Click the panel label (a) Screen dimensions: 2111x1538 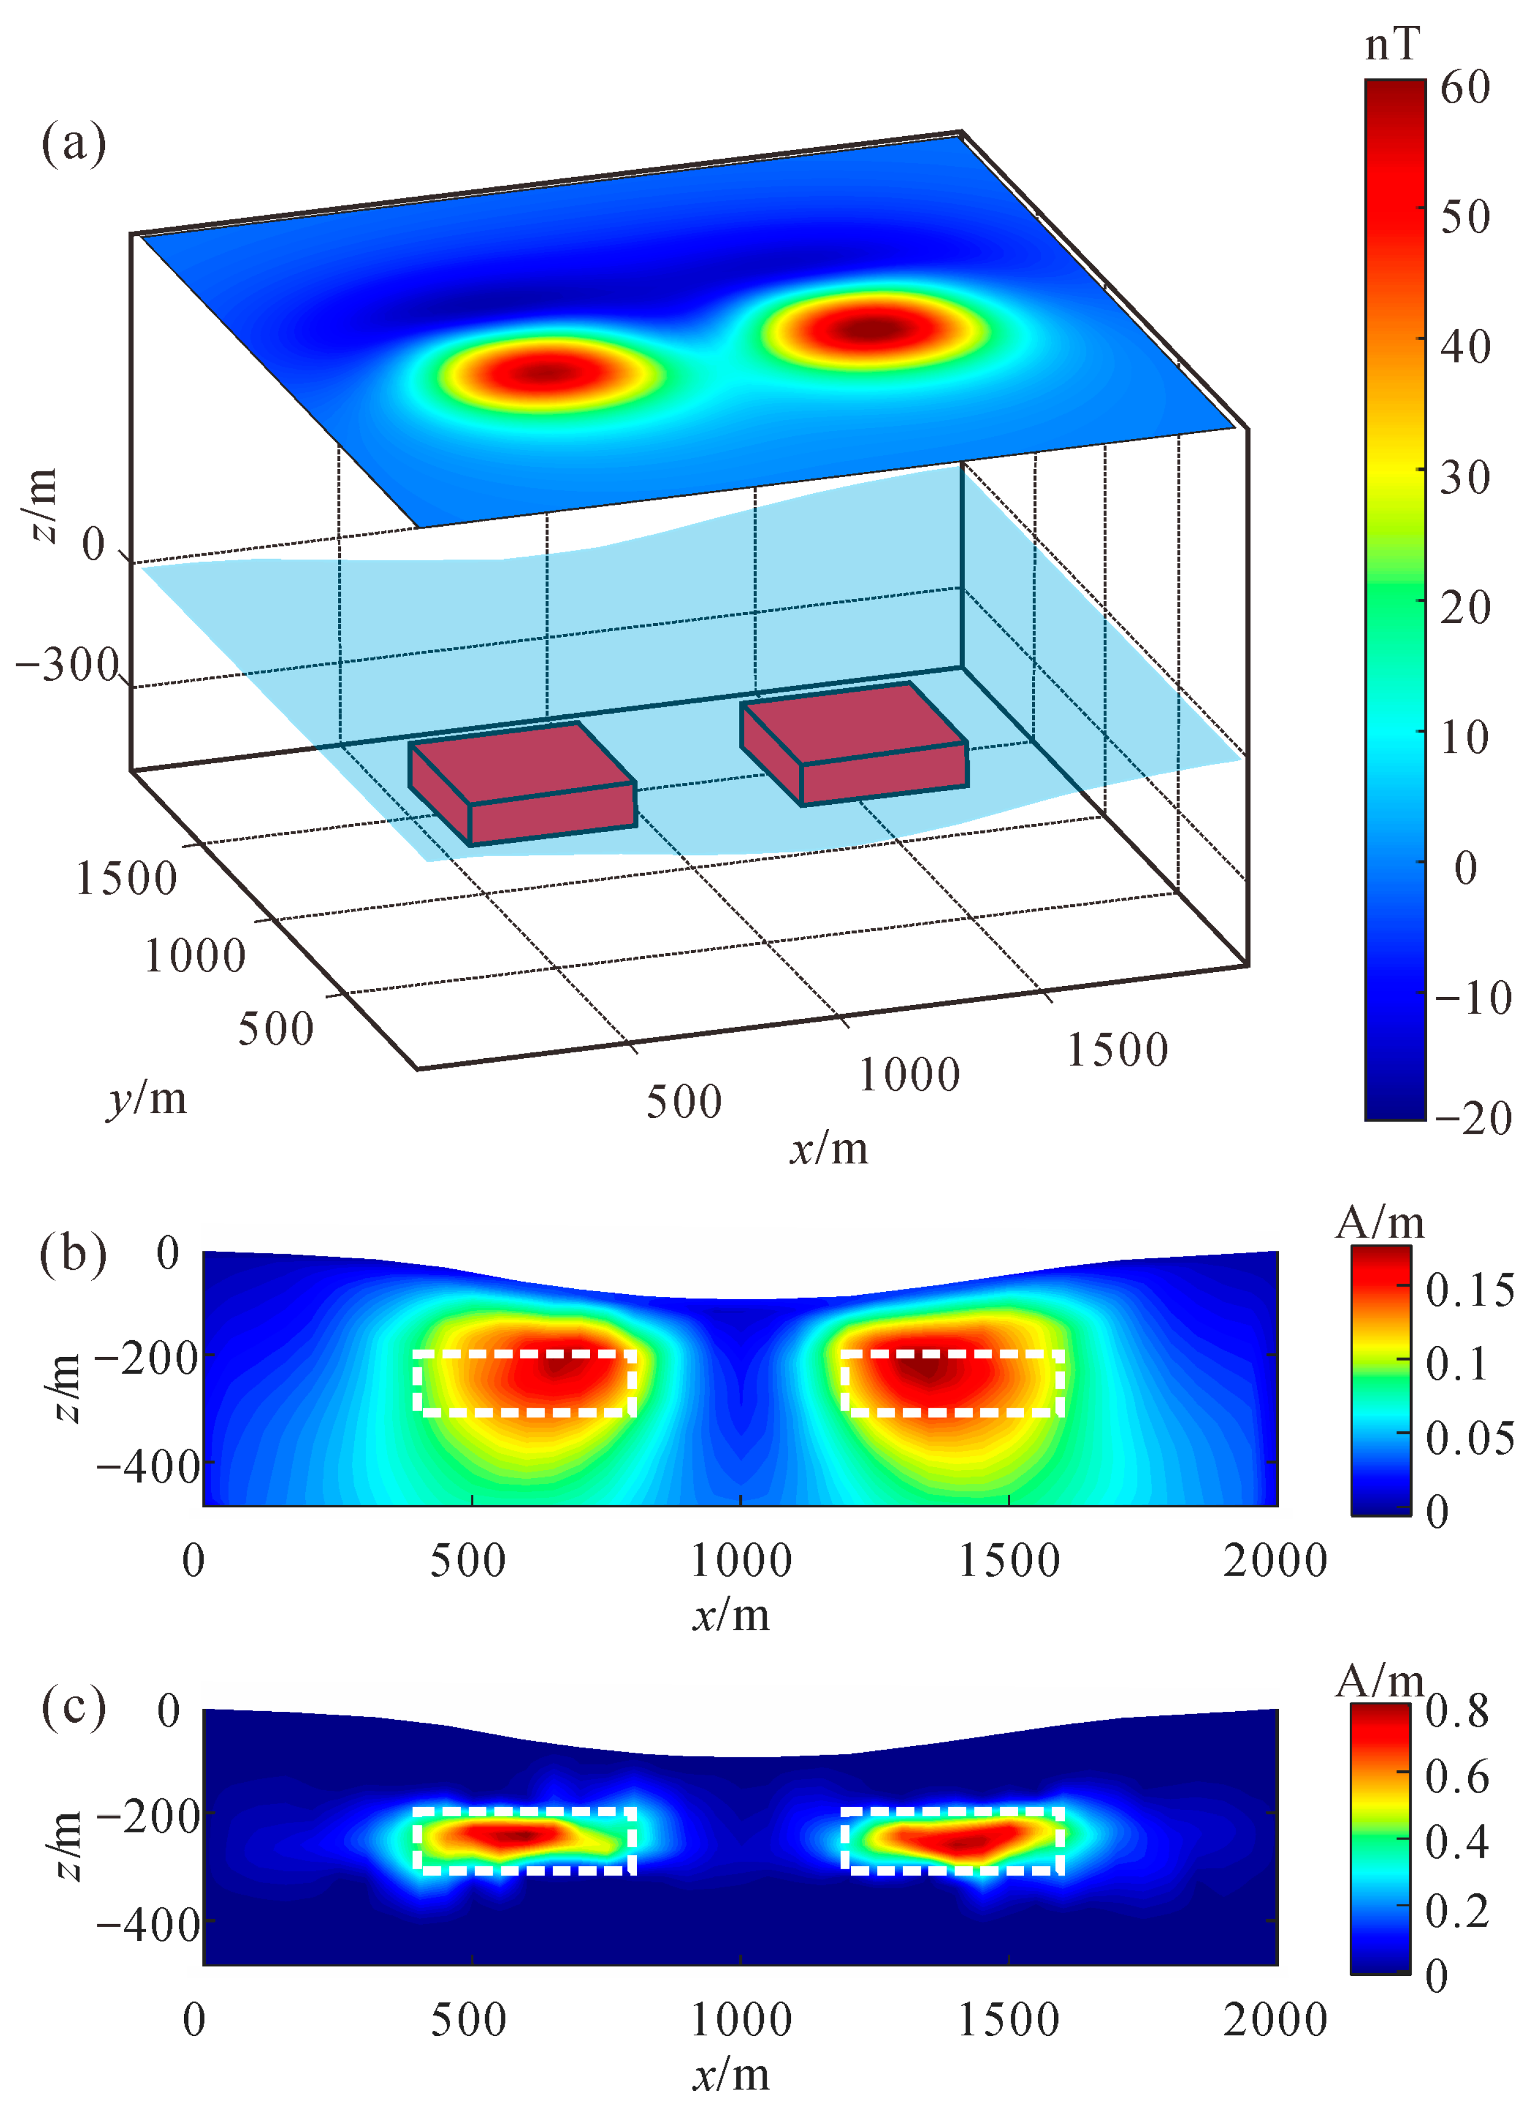[73, 144]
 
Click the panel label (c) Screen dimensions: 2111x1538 [73, 1708]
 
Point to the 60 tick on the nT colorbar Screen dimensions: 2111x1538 [1465, 88]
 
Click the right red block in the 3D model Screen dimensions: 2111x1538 [854, 743]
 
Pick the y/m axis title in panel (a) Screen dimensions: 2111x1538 [146, 1098]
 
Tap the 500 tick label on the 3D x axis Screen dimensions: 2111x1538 [684, 1102]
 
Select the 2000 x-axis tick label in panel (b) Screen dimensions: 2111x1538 [1274, 1561]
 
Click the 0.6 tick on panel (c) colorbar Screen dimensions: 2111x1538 [1457, 1777]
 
